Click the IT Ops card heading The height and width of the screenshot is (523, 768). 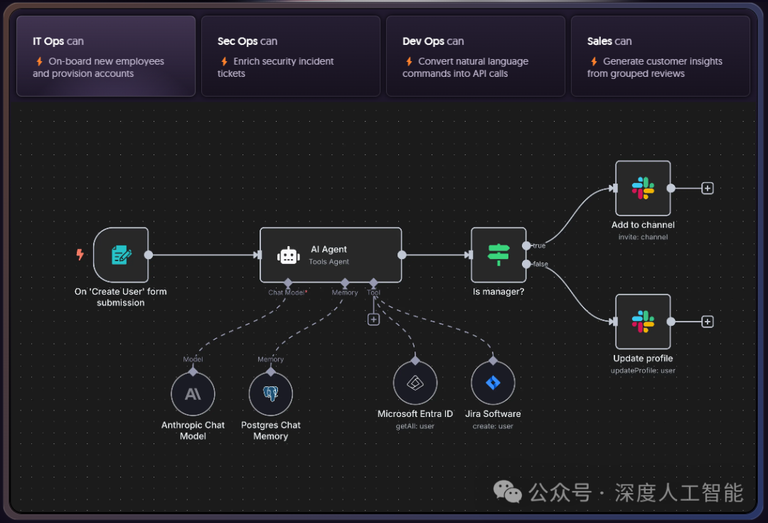coord(58,41)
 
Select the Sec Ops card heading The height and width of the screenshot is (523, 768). coord(247,41)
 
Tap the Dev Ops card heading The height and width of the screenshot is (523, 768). coord(433,41)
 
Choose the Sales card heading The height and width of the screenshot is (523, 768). coord(609,41)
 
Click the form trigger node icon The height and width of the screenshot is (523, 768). coord(121,255)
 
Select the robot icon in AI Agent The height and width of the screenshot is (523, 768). coord(288,255)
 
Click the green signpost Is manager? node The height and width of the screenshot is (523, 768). coord(498,255)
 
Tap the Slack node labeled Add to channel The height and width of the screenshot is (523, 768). coord(643,189)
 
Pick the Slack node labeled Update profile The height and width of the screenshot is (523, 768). coord(643,322)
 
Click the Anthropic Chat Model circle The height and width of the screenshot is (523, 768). coord(193,393)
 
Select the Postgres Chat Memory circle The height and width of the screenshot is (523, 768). coord(271,393)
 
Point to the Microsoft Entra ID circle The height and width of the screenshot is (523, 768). coord(415,383)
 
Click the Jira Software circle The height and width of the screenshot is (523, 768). coord(493,383)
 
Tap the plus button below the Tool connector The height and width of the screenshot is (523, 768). coord(374,319)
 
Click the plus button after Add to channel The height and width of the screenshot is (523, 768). coord(708,189)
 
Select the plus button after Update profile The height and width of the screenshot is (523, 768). coord(708,322)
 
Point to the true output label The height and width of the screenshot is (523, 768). coord(539,245)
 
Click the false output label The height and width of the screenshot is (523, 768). coord(540,264)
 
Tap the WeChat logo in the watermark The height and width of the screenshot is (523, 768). coord(508,492)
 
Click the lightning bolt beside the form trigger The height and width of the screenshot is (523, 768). coord(80,255)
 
